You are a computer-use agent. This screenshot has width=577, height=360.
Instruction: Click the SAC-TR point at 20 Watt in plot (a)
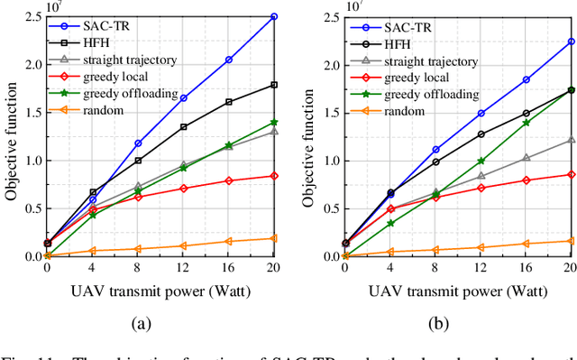click(x=273, y=16)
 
